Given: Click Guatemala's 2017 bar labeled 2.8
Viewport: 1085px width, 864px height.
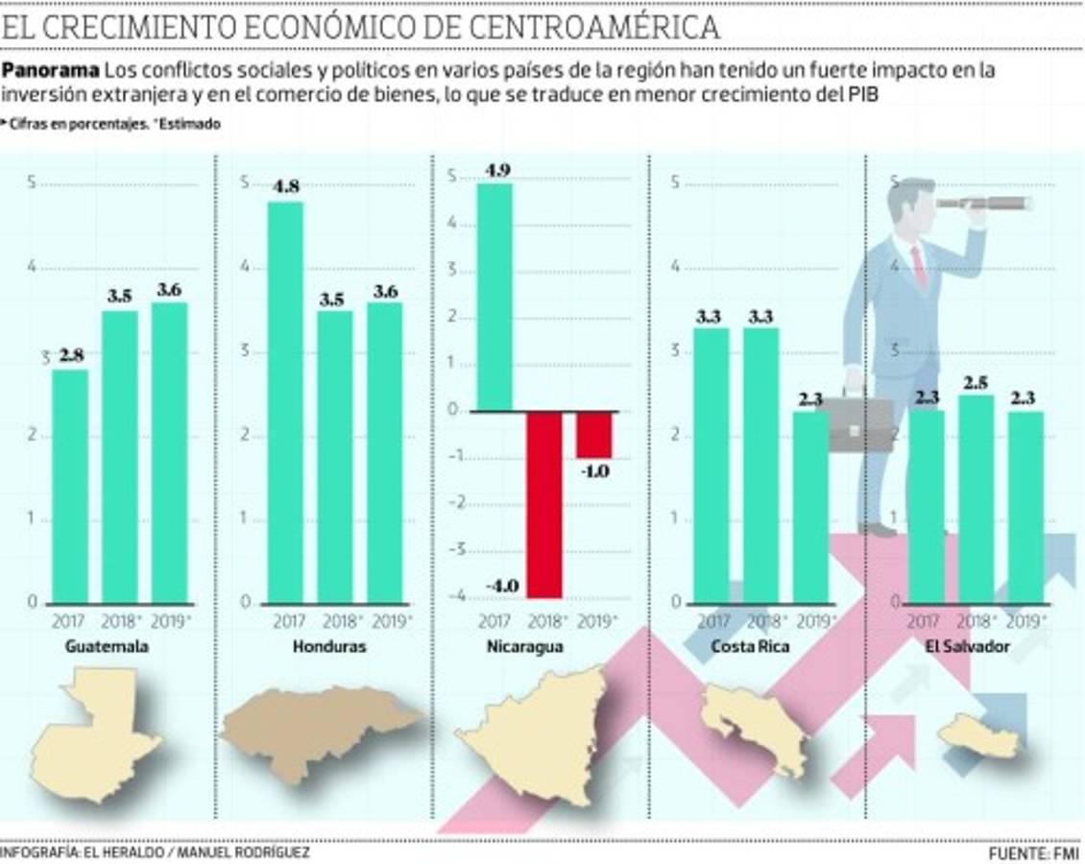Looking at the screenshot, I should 70,486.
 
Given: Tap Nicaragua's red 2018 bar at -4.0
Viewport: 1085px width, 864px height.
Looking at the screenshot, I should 544,504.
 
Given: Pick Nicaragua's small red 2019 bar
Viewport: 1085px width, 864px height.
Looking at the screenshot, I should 594,434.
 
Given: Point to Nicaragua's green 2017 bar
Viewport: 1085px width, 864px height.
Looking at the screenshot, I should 494,297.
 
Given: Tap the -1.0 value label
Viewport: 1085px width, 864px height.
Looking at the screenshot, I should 594,471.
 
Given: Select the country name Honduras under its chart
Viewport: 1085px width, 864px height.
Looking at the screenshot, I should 329,647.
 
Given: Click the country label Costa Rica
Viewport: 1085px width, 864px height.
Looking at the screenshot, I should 750,647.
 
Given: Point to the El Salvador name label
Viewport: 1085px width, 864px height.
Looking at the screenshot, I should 967,647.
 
